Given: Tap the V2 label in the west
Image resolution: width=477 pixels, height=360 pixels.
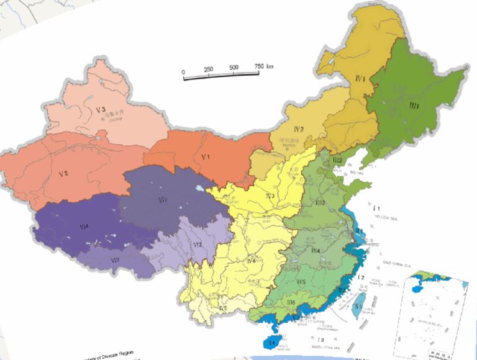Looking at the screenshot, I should [x=63, y=173].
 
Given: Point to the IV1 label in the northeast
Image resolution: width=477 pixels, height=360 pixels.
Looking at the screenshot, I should [x=360, y=78].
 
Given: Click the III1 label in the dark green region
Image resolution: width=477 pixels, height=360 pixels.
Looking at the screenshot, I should [x=414, y=107].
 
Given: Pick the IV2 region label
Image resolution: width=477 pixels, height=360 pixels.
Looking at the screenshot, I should [x=298, y=129].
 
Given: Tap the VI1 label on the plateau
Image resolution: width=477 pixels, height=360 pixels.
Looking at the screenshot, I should [x=163, y=199].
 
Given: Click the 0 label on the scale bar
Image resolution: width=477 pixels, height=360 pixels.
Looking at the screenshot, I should [x=183, y=73].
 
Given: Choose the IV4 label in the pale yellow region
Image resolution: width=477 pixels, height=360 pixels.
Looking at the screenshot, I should [x=252, y=261].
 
